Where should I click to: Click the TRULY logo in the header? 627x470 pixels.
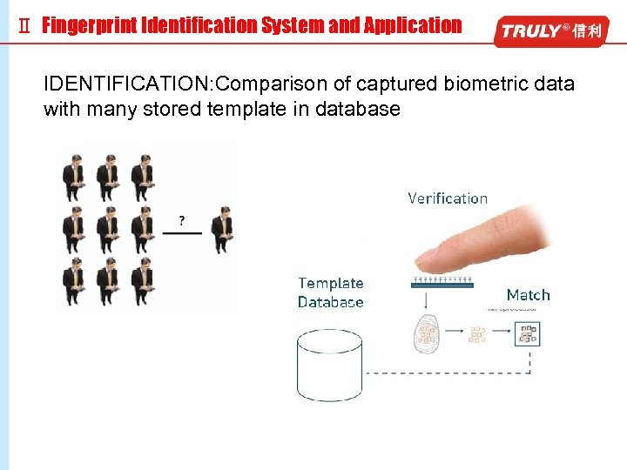[x=549, y=31]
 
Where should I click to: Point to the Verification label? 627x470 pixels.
[x=448, y=198]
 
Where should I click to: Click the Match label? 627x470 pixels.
[x=528, y=295]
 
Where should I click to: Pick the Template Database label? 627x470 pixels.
[x=331, y=292]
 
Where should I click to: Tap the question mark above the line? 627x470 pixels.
[x=181, y=221]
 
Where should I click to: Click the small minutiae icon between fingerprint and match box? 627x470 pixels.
[x=477, y=333]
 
